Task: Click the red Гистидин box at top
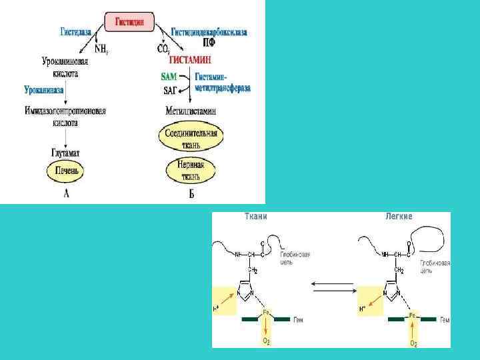click(x=130, y=21)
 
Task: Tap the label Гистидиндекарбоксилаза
click(x=211, y=31)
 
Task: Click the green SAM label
click(x=169, y=77)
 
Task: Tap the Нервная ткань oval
click(x=191, y=171)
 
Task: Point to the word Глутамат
click(x=66, y=153)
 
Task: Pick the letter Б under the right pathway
click(x=191, y=195)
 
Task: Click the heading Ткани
click(x=256, y=217)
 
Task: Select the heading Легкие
click(x=399, y=217)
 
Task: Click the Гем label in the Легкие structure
click(x=445, y=320)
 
